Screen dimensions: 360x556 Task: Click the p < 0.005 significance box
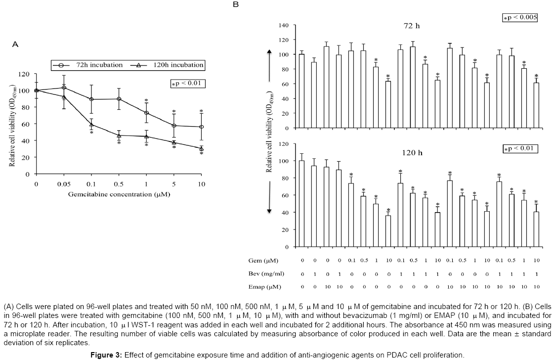tap(519, 17)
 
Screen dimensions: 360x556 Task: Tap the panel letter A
tap(15, 45)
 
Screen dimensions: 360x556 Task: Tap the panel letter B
tap(236, 4)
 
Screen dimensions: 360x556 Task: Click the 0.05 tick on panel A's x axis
tap(63, 183)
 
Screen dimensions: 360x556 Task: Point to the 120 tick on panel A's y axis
tap(24, 74)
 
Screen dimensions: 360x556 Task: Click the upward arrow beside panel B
tap(269, 64)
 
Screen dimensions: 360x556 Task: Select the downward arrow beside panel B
tap(269, 193)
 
